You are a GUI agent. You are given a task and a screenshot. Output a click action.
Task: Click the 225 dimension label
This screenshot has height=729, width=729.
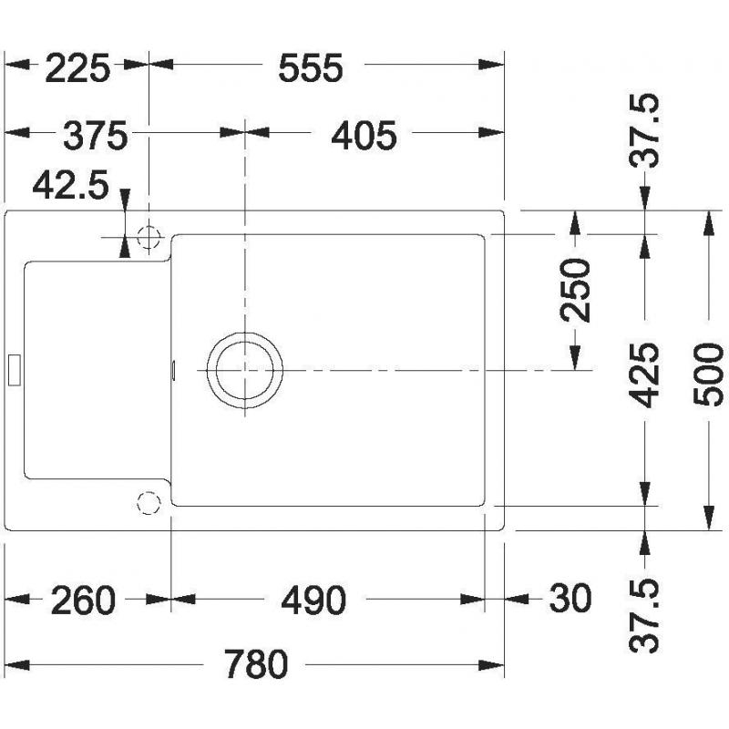(x=77, y=68)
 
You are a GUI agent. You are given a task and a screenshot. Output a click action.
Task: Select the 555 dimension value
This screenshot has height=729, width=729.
(x=311, y=68)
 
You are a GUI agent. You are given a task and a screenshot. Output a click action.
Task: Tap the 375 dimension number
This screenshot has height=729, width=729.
(x=96, y=135)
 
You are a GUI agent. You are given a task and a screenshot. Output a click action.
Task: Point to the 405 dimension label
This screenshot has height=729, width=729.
(x=364, y=135)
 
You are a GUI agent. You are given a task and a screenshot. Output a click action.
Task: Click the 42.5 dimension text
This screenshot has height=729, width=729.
(x=71, y=185)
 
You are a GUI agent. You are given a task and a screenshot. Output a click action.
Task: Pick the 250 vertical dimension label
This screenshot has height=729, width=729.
(x=575, y=291)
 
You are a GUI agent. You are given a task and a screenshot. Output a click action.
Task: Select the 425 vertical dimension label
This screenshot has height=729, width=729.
(x=644, y=375)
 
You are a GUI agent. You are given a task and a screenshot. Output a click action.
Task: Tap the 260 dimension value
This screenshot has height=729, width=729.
(x=83, y=601)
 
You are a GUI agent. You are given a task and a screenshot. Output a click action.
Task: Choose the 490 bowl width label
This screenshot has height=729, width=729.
(x=313, y=601)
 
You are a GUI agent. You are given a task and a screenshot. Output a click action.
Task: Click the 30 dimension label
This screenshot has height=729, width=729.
(x=570, y=599)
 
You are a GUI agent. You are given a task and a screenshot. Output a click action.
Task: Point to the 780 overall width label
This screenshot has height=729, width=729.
(x=256, y=664)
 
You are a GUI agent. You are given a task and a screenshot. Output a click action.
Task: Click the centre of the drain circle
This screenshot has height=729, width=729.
(x=245, y=370)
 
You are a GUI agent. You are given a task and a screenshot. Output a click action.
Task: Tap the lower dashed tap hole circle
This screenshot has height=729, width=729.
(x=149, y=503)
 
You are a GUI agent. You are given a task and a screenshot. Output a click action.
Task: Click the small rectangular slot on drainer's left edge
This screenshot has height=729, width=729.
(x=15, y=370)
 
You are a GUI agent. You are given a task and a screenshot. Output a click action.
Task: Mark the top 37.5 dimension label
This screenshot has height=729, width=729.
(x=644, y=130)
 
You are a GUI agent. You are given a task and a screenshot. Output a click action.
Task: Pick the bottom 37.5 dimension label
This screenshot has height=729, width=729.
(x=644, y=616)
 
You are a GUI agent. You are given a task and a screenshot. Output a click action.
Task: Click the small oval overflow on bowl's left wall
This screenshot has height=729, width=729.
(x=173, y=370)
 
